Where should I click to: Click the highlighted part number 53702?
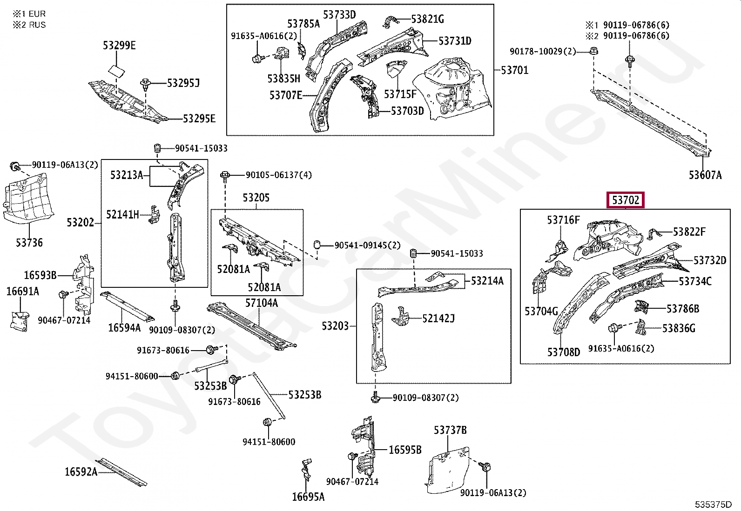pyautogui.click(x=626, y=200)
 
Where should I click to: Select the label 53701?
pyautogui.click(x=514, y=70)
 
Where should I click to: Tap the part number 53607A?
pyautogui.click(x=705, y=175)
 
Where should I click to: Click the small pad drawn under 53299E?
pyautogui.click(x=116, y=70)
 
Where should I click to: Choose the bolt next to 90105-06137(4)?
pyautogui.click(x=225, y=176)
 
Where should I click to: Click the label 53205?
pyautogui.click(x=256, y=198)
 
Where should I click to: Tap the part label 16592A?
pyautogui.click(x=81, y=472)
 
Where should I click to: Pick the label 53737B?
pyautogui.click(x=450, y=430)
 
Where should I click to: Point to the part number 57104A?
pyautogui.click(x=261, y=303)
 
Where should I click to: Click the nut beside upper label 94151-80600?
pyautogui.click(x=175, y=376)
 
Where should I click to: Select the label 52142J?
pyautogui.click(x=438, y=319)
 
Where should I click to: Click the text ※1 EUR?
pyautogui.click(x=29, y=14)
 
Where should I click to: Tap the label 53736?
pyautogui.click(x=29, y=242)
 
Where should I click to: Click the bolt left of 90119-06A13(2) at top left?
pyautogui.click(x=14, y=166)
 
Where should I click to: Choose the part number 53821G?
pyautogui.click(x=427, y=19)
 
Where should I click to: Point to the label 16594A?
pyautogui.click(x=124, y=328)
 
